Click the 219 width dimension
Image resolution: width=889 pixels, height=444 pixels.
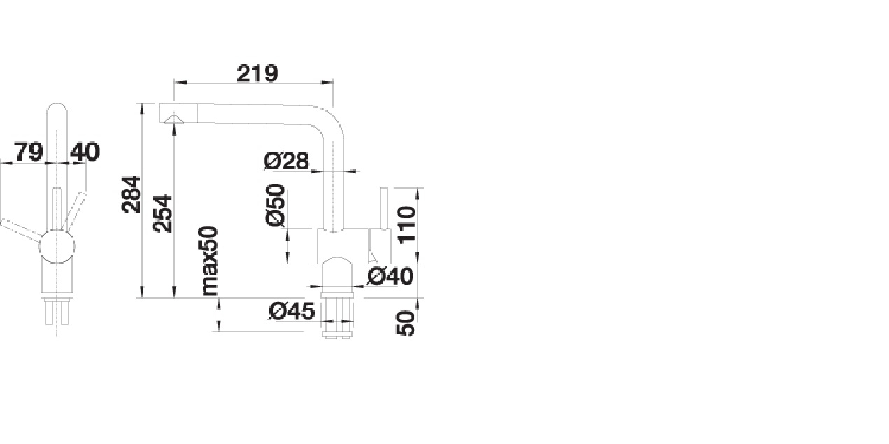click(x=257, y=73)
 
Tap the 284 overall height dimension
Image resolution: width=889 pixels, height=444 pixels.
click(x=131, y=194)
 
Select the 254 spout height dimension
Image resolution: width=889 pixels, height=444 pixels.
click(x=163, y=213)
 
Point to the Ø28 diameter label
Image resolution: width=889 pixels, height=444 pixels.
click(x=286, y=161)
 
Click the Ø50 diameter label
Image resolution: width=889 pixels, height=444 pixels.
click(x=276, y=205)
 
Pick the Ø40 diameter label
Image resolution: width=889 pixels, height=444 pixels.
click(x=390, y=276)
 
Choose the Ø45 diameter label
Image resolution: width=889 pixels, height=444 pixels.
click(x=292, y=310)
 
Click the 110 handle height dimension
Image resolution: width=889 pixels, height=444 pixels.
click(x=406, y=224)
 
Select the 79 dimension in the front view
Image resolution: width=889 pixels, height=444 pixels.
click(x=29, y=152)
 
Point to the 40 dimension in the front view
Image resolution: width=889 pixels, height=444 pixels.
click(x=85, y=152)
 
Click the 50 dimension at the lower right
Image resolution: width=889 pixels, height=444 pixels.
click(x=406, y=323)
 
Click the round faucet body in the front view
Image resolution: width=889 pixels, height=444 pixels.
click(x=57, y=246)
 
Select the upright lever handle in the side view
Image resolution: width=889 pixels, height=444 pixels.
click(x=383, y=208)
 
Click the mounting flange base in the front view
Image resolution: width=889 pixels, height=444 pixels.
click(x=57, y=295)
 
